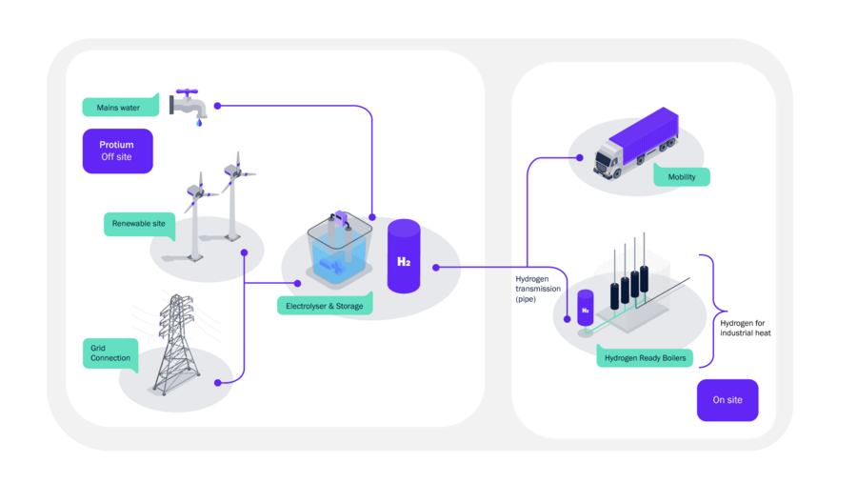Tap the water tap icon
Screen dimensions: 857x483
188,105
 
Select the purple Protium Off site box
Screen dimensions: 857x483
117,151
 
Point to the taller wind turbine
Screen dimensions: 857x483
234,196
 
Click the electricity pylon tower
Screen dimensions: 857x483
176,344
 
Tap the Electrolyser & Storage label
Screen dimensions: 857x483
325,305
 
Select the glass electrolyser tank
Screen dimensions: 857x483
339,250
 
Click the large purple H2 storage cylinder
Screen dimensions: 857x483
404,256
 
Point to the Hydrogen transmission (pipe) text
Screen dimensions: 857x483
538,289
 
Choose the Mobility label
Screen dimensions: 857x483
682,176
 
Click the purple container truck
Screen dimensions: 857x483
636,143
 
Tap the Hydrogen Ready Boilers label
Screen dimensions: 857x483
645,357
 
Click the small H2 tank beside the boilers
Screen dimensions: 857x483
586,309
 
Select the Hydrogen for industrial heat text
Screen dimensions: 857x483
745,328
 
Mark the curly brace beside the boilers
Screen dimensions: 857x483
712,311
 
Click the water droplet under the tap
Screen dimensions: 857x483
199,123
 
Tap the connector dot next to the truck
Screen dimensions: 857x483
579,157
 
